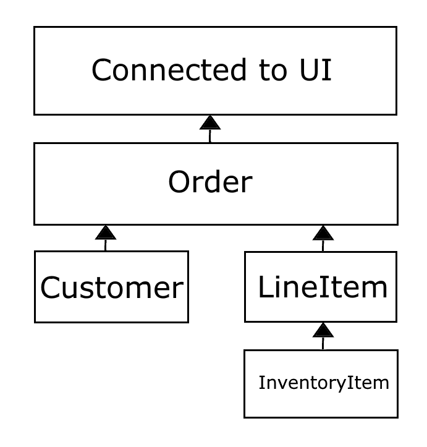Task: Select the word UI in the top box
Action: click(x=310, y=70)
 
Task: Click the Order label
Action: click(x=210, y=182)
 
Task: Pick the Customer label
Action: click(x=112, y=287)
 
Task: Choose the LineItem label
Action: click(x=323, y=287)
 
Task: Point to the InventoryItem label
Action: click(x=324, y=383)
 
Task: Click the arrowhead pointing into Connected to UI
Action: click(x=210, y=122)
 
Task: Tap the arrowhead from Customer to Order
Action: click(x=106, y=232)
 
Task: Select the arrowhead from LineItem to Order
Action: click(x=323, y=232)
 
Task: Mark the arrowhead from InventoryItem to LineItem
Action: click(x=323, y=330)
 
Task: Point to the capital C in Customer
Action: click(x=51, y=287)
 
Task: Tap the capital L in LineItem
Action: click(x=264, y=287)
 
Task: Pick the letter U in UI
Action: click(x=302, y=70)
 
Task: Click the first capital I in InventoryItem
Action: click(x=261, y=383)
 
